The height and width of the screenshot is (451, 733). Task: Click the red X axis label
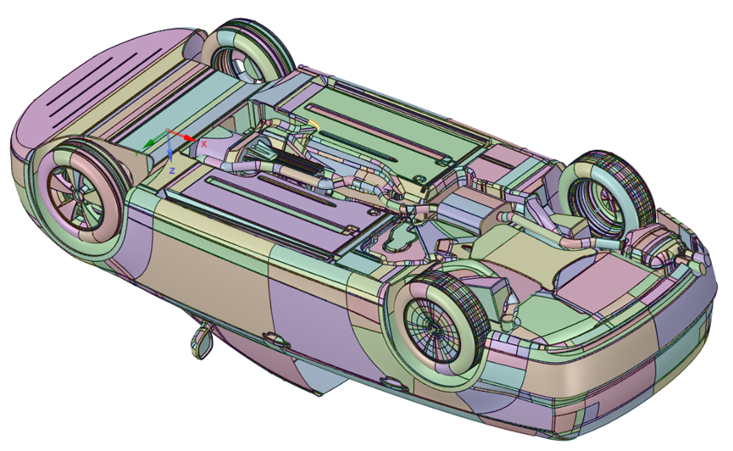(x=204, y=144)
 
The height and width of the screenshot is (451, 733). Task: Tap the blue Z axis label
(x=172, y=170)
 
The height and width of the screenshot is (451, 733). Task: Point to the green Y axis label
(x=137, y=153)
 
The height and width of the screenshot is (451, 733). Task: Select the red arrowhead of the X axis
(x=189, y=138)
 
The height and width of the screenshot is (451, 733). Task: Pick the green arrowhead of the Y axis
(x=148, y=144)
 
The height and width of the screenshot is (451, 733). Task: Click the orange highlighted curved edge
(x=315, y=124)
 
